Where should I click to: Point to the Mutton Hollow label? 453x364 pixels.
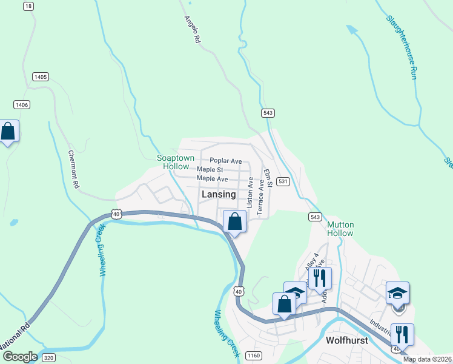(x=340, y=229)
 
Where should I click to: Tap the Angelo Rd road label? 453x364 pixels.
(x=193, y=29)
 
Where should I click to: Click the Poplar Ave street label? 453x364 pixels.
(x=225, y=161)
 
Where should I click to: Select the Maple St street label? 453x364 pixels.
(x=210, y=170)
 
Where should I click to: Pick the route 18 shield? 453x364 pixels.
(x=28, y=6)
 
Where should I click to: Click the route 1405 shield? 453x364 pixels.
(x=41, y=77)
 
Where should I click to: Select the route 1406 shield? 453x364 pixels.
(x=22, y=105)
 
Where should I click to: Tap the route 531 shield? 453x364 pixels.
(x=283, y=181)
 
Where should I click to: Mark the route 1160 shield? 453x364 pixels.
(x=254, y=356)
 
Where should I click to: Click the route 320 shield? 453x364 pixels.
(x=49, y=357)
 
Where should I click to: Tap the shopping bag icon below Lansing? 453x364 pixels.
(x=235, y=223)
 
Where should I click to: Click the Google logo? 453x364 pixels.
(x=20, y=357)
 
